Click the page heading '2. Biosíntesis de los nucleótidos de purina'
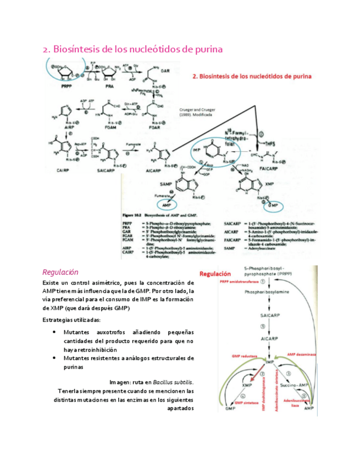click(x=132, y=49)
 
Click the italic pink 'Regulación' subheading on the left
click(x=60, y=272)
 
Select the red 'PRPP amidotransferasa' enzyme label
click(x=239, y=281)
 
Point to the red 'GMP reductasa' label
click(x=245, y=356)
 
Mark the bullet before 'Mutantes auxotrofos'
click(x=53, y=332)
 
